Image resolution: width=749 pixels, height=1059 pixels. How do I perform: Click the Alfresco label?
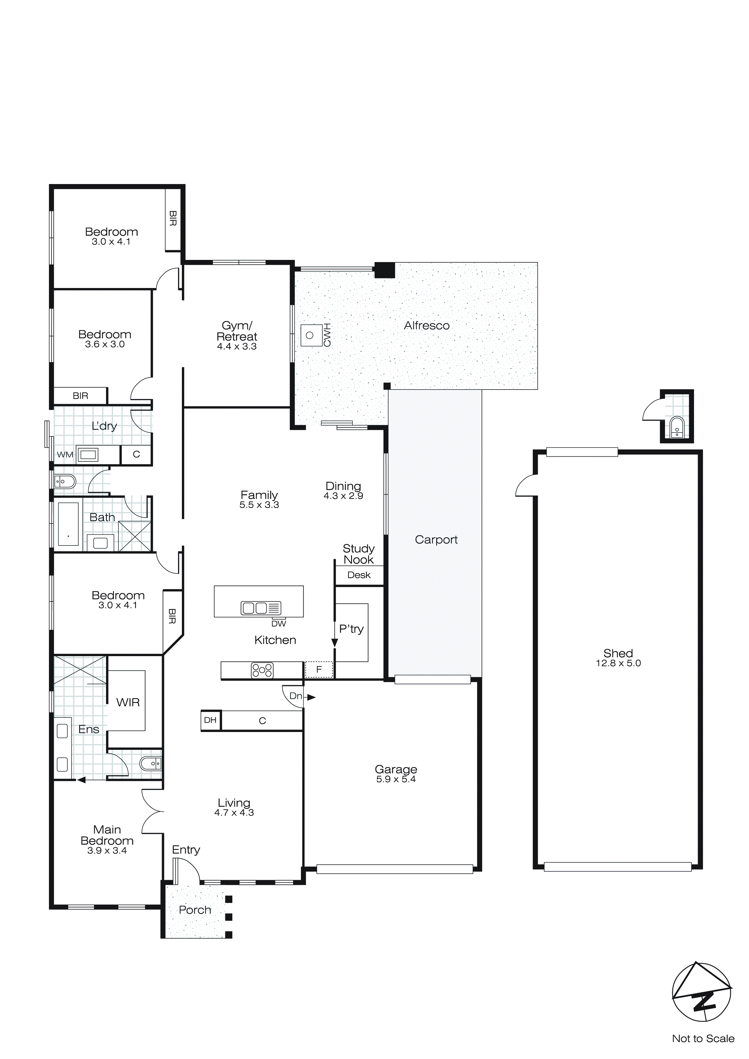tap(427, 325)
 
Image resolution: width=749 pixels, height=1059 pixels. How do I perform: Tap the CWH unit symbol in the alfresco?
tap(310, 335)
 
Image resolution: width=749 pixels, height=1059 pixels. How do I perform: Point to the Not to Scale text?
tap(703, 1038)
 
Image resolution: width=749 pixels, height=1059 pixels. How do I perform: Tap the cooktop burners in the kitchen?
tap(262, 670)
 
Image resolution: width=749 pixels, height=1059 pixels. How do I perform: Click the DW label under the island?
tap(279, 623)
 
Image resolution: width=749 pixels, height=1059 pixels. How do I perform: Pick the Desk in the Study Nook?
tap(359, 575)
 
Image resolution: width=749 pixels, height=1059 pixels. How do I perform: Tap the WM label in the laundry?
tap(65, 455)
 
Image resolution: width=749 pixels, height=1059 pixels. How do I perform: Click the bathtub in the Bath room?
tap(68, 524)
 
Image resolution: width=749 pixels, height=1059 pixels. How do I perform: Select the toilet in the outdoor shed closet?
tap(676, 428)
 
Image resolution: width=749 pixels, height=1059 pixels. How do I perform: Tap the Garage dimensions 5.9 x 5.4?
tap(396, 779)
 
